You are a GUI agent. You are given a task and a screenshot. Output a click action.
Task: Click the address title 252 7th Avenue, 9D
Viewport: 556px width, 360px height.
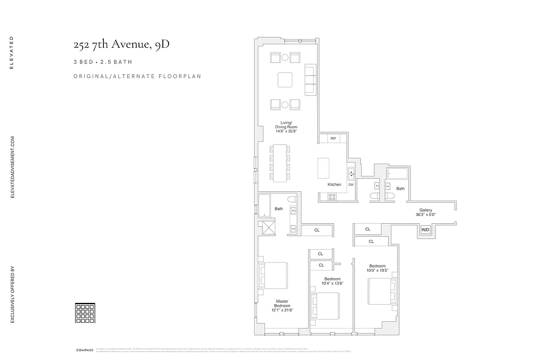click(x=121, y=45)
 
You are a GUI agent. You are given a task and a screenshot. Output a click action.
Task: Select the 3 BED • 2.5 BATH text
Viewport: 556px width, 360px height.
click(x=103, y=62)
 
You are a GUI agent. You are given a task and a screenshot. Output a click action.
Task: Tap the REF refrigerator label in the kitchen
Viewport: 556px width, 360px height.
click(x=333, y=139)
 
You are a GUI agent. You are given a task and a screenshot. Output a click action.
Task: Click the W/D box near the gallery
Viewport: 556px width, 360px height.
click(x=425, y=230)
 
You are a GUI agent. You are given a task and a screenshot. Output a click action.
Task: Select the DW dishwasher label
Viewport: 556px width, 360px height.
click(x=351, y=184)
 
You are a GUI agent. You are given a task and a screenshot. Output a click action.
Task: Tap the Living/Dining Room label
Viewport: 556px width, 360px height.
click(x=286, y=126)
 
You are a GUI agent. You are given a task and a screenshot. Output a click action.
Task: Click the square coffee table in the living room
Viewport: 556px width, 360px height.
click(x=285, y=80)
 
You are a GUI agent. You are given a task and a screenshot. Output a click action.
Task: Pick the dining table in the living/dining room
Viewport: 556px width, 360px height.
click(x=280, y=163)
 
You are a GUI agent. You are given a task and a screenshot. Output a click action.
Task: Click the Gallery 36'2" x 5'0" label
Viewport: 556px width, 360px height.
click(x=426, y=212)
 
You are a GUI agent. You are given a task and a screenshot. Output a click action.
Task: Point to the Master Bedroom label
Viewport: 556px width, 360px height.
click(x=282, y=306)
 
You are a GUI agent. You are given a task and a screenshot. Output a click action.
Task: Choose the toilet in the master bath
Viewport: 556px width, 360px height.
click(x=291, y=199)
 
